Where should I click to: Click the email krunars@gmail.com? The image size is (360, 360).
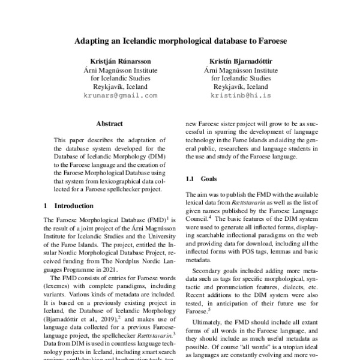click(120, 95)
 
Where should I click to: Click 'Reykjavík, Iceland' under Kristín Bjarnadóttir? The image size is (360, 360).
click(241, 86)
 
